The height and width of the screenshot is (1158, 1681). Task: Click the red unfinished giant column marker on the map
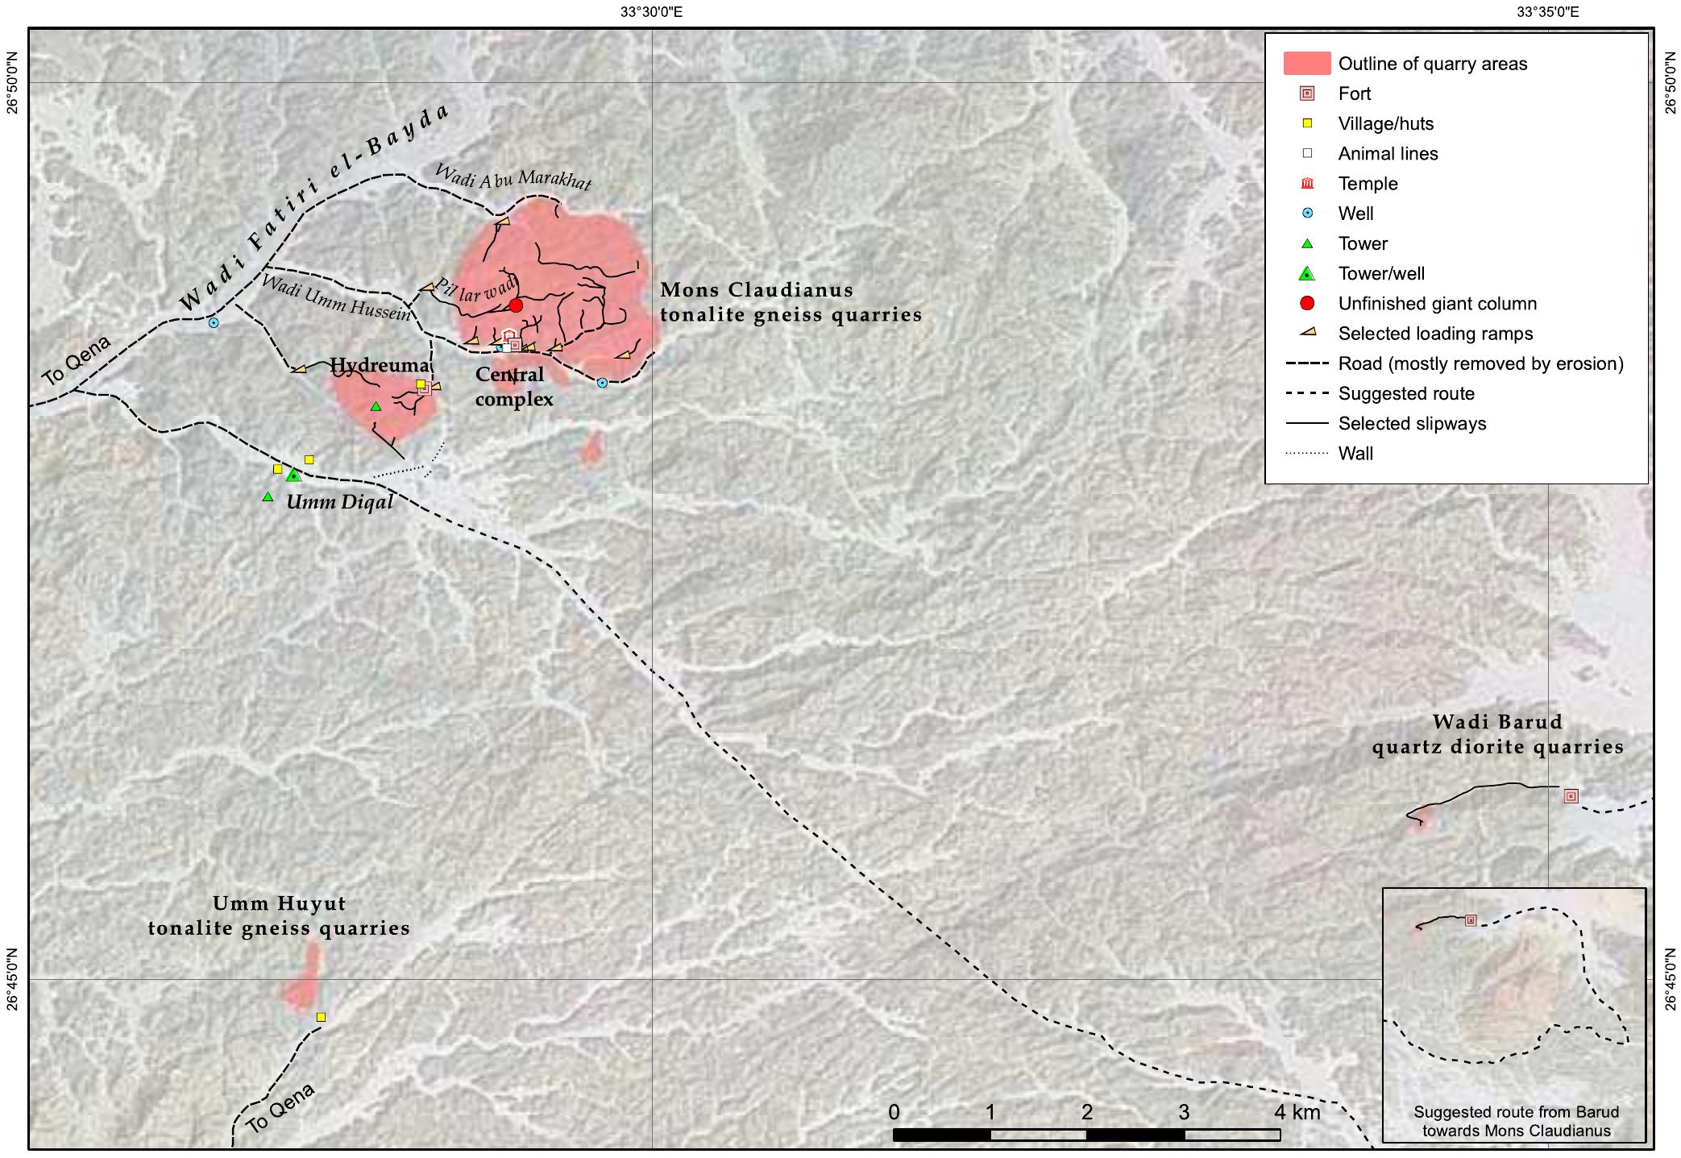[516, 305]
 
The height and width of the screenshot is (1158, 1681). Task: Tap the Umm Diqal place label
[340, 502]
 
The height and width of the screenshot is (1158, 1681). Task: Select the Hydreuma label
[379, 366]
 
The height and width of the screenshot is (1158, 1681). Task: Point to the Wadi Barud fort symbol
[1571, 796]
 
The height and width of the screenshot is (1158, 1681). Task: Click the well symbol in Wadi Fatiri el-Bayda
[214, 322]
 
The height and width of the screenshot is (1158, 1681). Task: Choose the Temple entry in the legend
[1368, 184]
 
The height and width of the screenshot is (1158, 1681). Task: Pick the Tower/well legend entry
[1380, 274]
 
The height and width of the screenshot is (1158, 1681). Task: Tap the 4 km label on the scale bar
[1297, 1113]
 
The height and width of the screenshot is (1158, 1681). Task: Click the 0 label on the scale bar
[894, 1113]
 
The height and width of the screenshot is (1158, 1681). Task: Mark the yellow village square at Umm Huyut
[321, 1017]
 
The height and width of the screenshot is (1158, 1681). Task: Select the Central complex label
[513, 387]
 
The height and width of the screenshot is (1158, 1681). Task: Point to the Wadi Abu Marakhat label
[513, 176]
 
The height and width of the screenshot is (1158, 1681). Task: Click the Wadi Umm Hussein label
[336, 298]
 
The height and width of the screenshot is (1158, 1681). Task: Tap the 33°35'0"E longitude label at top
[1548, 11]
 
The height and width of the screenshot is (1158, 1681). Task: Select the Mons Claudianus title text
[757, 290]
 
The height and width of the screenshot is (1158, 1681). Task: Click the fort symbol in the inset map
[1470, 920]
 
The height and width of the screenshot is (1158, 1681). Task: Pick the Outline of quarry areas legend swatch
[1306, 64]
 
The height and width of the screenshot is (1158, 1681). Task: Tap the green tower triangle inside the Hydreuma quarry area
[376, 406]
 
